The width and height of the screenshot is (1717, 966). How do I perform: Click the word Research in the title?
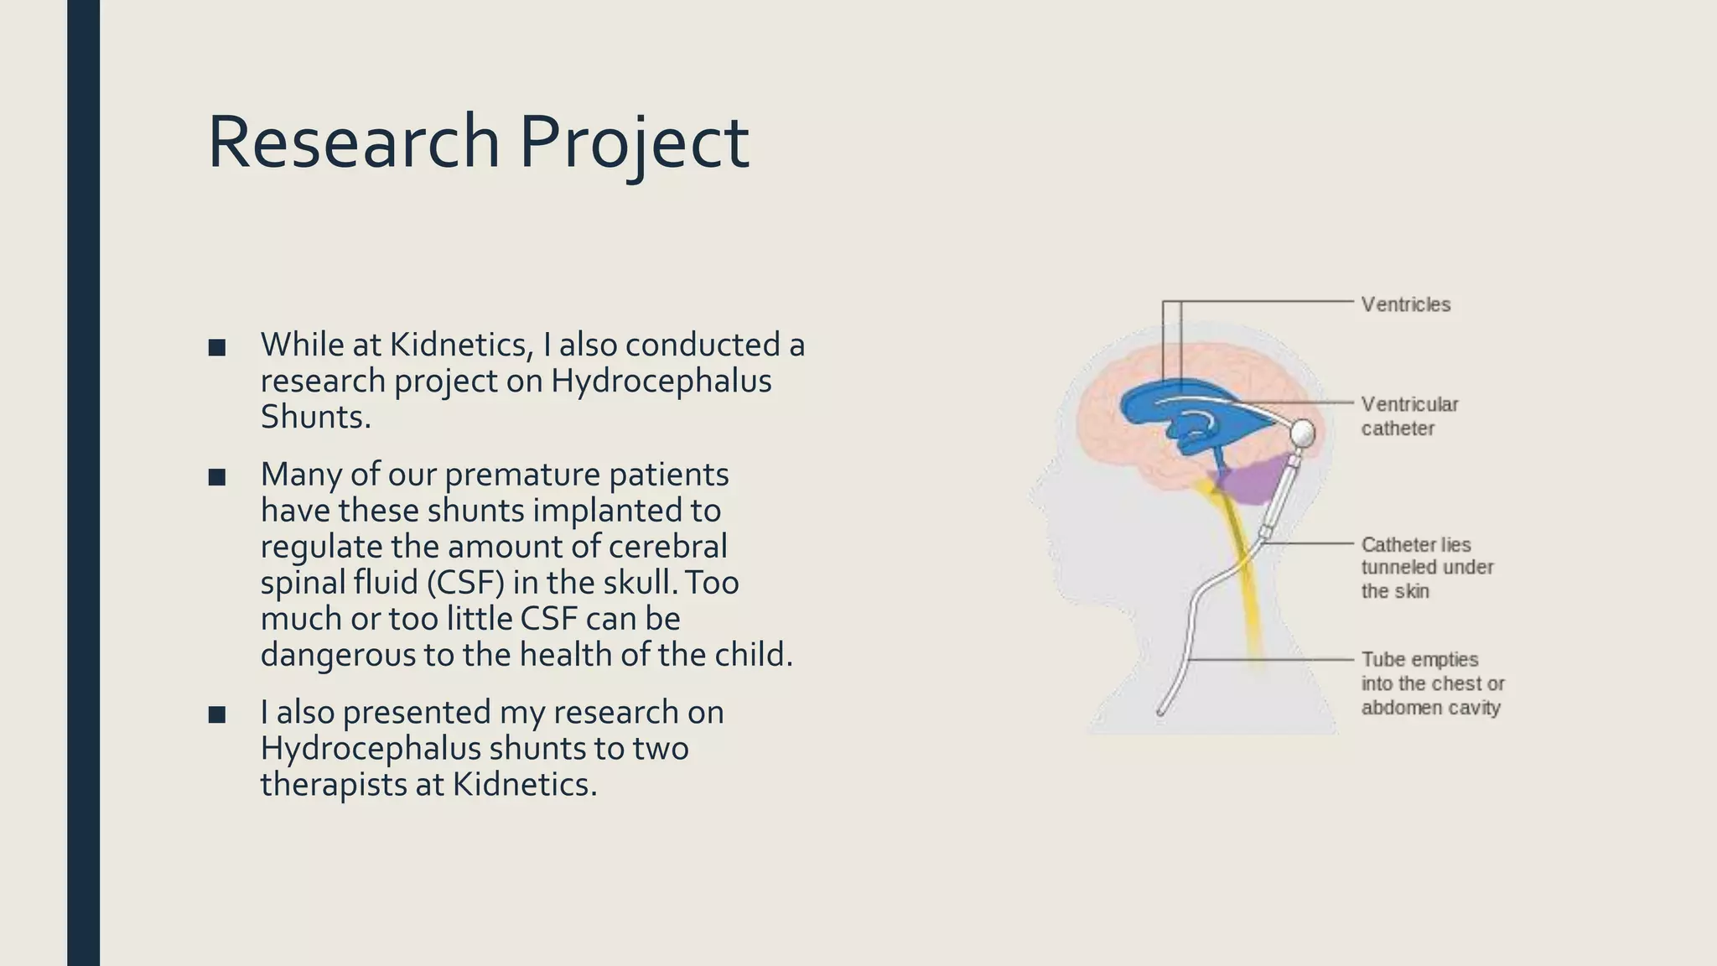353,143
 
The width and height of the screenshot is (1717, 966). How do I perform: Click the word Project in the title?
634,143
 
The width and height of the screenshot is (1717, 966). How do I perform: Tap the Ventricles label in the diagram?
1405,304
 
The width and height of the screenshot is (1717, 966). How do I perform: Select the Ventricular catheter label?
1409,416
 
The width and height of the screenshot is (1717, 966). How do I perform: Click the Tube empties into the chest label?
1432,683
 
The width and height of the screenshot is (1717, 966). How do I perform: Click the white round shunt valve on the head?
1302,433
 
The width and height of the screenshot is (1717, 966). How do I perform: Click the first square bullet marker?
217,347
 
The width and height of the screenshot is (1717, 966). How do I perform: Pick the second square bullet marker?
217,477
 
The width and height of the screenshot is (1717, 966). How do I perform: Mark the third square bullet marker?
217,714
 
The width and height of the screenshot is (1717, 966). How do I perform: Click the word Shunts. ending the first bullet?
315,417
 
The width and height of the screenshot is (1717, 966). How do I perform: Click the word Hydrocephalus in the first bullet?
661,381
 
